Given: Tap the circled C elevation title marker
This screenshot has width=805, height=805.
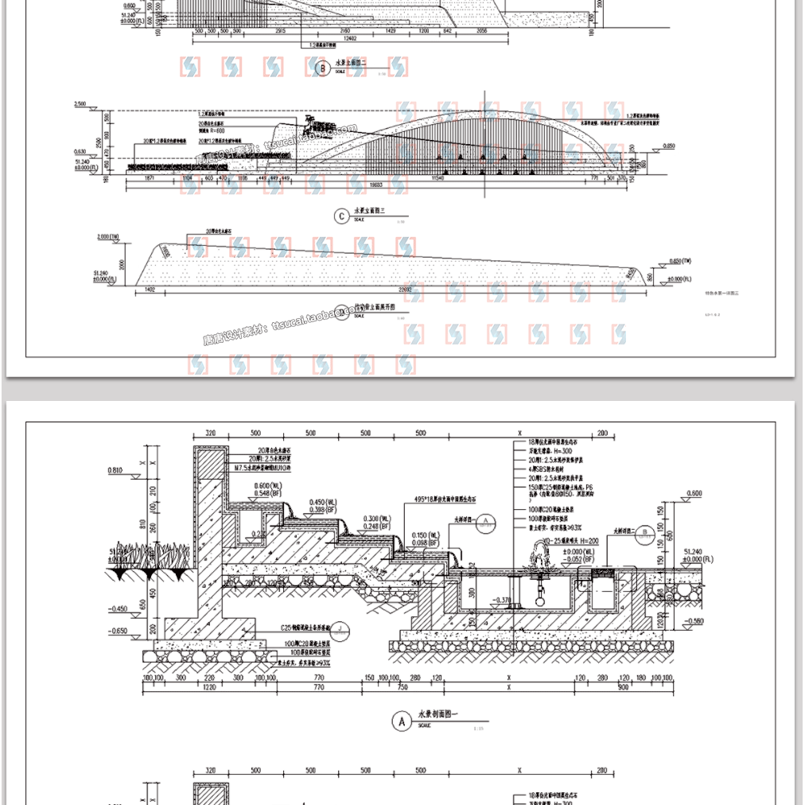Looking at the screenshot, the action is point(341,216).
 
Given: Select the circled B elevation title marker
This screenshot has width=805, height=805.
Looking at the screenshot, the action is point(322,69).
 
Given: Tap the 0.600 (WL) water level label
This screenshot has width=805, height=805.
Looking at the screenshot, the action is point(267,486).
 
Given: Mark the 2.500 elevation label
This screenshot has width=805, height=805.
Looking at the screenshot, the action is point(80,105).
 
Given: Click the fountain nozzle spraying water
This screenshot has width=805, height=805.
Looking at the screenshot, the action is point(544,554).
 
